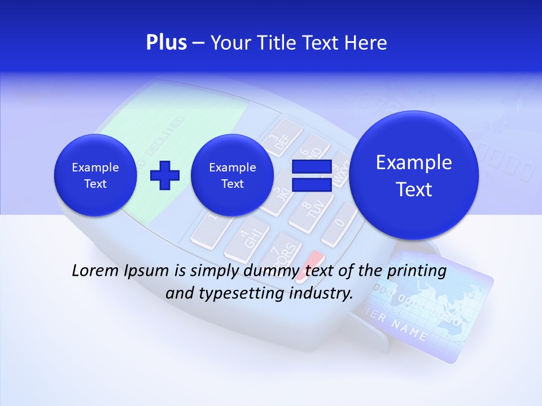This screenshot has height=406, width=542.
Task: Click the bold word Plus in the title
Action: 166,43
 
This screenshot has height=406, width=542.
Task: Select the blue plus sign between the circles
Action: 164,175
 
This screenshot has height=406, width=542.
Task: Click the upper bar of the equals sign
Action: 311,167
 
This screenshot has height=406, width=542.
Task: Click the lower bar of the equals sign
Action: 311,185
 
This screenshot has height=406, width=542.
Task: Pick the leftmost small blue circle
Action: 95,175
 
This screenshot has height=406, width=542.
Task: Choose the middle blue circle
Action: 232,175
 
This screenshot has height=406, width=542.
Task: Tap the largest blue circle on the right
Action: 414,175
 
